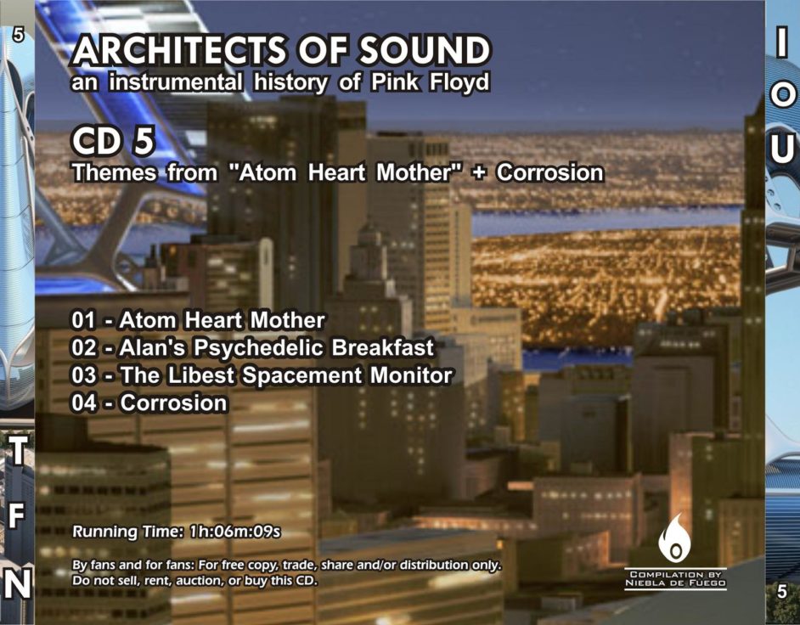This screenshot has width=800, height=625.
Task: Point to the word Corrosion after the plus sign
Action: coord(550,172)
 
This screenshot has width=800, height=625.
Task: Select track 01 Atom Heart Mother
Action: coord(198,320)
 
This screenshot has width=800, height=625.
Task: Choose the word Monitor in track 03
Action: coord(411,375)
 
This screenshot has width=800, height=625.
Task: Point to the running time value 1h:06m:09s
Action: coord(234,532)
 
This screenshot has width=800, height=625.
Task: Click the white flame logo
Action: coord(674,538)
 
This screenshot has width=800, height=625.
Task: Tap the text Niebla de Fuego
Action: coord(676,583)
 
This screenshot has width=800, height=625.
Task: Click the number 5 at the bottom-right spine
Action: coord(781,592)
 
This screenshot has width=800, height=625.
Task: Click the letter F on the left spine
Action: coord(16,517)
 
